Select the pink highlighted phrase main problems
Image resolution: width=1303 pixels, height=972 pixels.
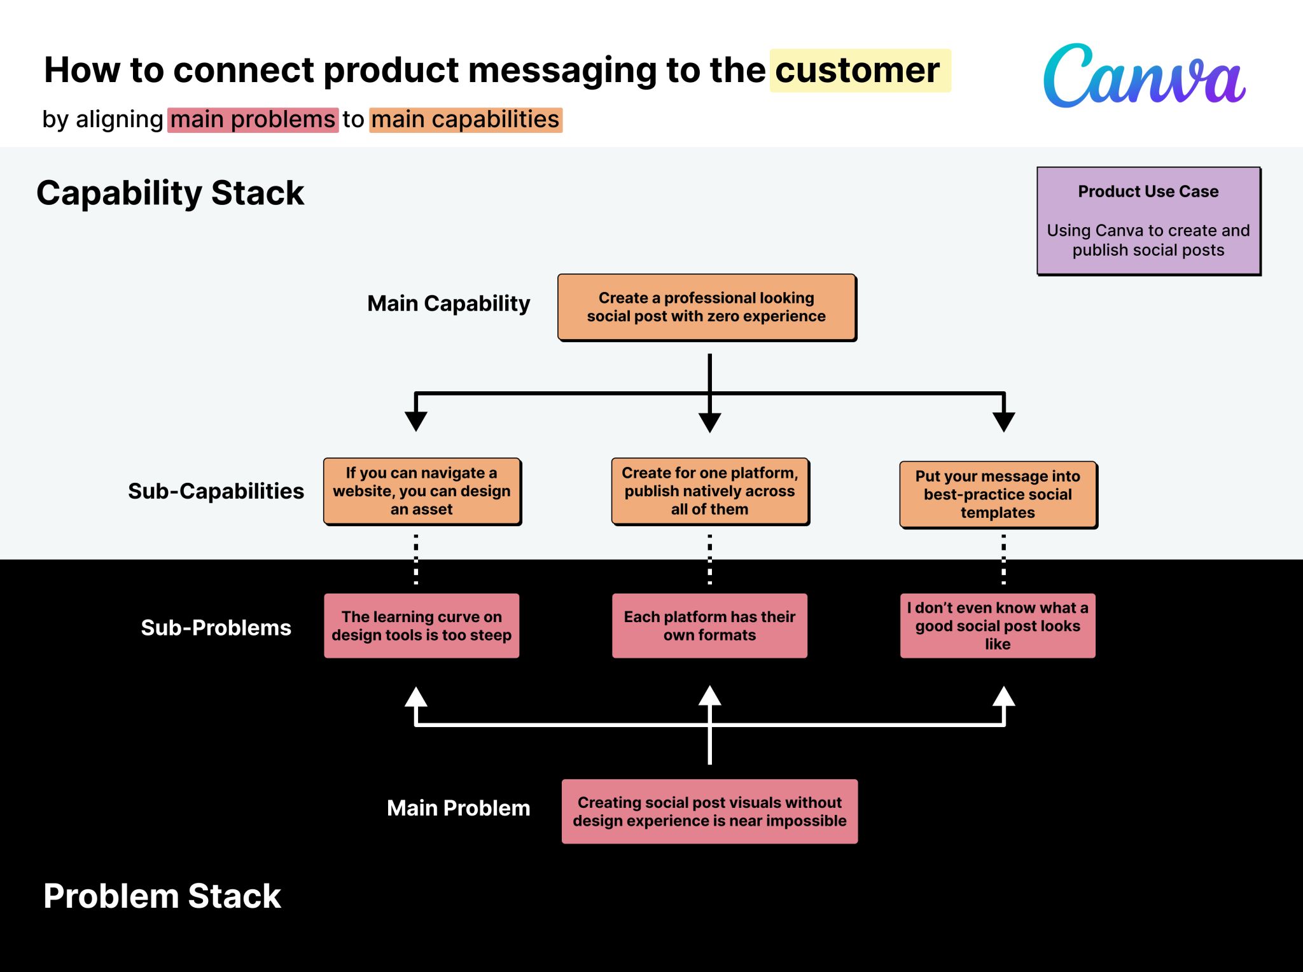coord(253,120)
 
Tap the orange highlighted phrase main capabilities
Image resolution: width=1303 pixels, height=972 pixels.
coord(465,120)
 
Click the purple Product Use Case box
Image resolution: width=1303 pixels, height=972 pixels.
coord(1148,221)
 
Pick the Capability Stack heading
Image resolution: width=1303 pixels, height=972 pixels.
coord(170,193)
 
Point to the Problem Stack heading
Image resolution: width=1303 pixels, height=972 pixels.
coord(162,896)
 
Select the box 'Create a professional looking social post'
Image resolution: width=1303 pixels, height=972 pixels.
coord(706,307)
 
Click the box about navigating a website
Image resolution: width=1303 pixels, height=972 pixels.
coord(422,491)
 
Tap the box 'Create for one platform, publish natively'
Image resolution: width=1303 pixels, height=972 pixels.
coord(709,491)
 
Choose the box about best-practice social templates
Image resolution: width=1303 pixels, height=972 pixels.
coord(998,494)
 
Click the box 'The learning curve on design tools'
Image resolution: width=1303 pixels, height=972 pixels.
coord(421,626)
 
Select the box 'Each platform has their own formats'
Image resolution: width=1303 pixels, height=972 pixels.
coord(709,626)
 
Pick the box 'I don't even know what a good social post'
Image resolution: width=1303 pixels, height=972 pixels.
coord(998,626)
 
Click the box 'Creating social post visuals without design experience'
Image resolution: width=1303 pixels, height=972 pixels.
coord(709,812)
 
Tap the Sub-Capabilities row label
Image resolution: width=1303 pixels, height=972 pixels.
coord(216,491)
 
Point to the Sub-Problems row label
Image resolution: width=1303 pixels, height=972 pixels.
coord(216,628)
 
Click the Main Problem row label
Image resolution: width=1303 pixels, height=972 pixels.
coord(458,808)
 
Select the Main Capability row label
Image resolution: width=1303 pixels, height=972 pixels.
coord(449,303)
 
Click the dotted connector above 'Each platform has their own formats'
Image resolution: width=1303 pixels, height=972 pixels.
coord(709,559)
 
